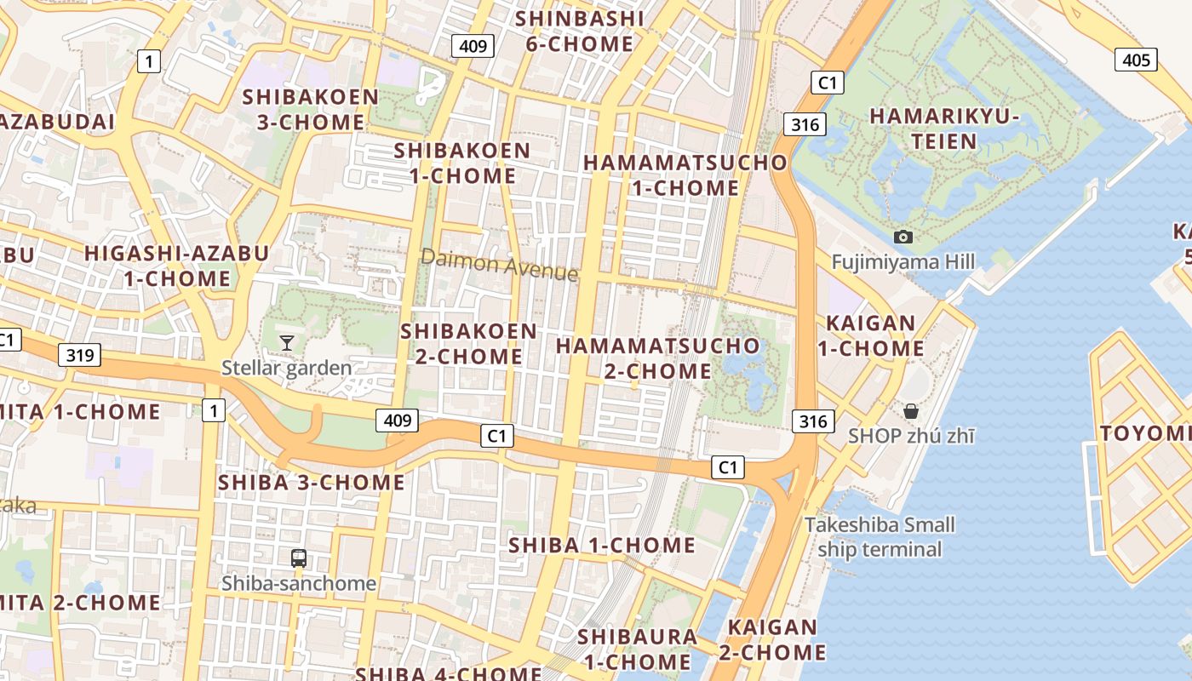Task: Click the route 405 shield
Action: click(1136, 60)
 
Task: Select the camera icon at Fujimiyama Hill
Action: click(903, 237)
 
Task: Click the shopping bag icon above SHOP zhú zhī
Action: click(911, 411)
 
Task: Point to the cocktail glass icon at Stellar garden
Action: click(287, 342)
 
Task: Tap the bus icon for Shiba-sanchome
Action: click(299, 558)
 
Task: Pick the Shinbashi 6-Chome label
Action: click(579, 31)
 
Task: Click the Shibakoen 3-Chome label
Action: click(311, 109)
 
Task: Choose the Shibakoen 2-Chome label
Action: click(469, 343)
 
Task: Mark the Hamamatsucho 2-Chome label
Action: click(658, 358)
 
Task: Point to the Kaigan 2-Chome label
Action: click(772, 639)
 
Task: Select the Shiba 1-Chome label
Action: click(602, 545)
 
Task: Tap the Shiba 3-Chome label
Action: click(312, 482)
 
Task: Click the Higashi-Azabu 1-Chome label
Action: click(177, 266)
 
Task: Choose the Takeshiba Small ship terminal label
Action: click(880, 536)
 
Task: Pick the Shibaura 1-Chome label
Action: click(637, 649)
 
